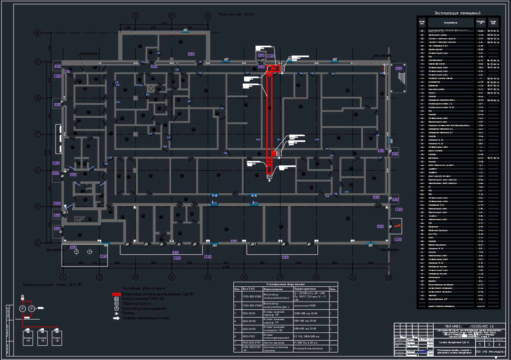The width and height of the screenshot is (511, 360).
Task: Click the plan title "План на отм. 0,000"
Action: (x=236, y=14)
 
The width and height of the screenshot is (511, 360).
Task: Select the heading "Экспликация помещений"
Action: (x=457, y=13)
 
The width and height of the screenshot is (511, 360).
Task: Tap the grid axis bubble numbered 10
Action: (x=388, y=277)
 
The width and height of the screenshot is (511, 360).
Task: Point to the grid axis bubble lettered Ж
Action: (x=37, y=33)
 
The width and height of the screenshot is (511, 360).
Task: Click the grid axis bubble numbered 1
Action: (x=63, y=277)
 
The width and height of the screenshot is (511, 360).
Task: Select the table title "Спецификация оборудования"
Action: (x=286, y=284)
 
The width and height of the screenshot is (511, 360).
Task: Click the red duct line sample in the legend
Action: (x=116, y=294)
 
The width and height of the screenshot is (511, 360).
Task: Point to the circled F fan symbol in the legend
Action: (x=116, y=308)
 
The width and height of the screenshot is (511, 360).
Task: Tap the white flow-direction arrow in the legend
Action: (x=116, y=318)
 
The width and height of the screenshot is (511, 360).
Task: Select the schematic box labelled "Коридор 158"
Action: (x=28, y=339)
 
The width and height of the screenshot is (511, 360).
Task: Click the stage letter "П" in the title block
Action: (x=480, y=344)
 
